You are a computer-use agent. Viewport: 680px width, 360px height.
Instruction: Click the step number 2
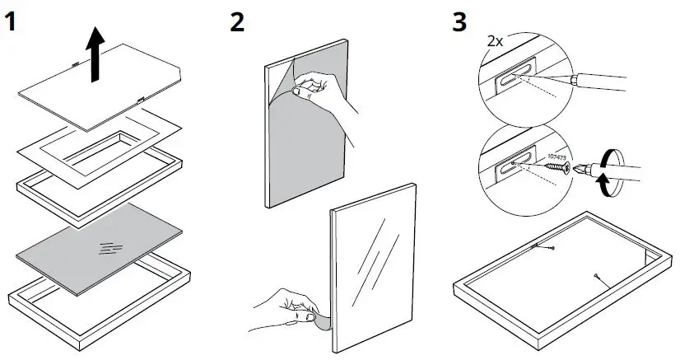click(x=237, y=21)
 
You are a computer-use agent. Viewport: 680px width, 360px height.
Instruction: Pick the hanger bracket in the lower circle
click(x=510, y=167)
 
